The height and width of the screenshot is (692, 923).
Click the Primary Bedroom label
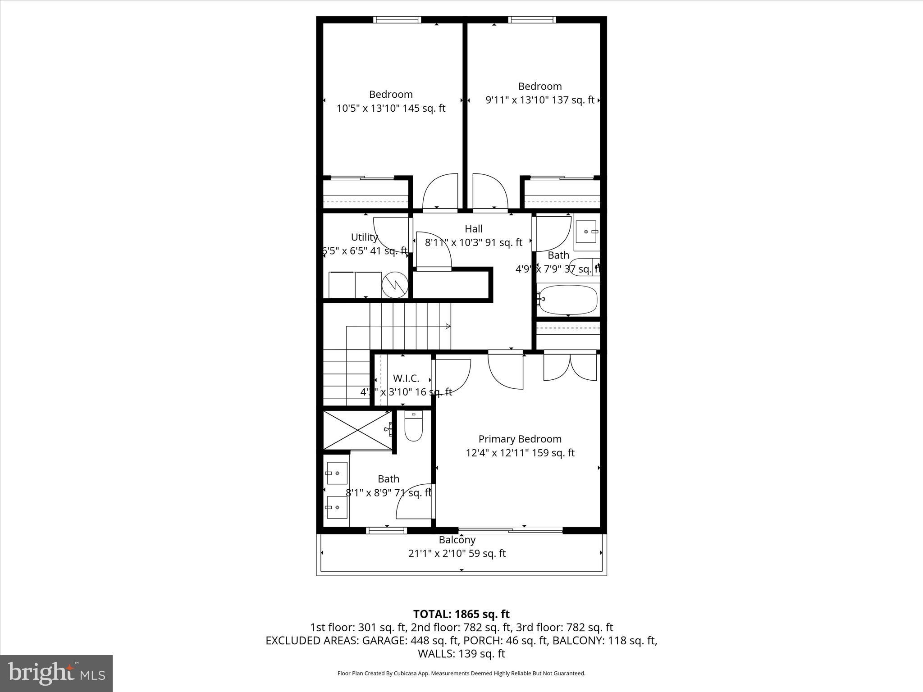coord(520,439)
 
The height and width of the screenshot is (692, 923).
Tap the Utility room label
coord(364,237)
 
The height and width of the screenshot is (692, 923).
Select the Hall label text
coord(474,229)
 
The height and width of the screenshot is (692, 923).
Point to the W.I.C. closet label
coord(406,378)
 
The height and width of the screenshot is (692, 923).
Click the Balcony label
coord(457,540)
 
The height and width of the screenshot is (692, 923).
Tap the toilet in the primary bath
coord(413,428)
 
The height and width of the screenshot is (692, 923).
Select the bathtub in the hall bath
coord(568,299)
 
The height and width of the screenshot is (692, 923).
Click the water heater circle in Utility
coord(395,284)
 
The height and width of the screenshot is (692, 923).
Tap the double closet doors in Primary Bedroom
coord(570,367)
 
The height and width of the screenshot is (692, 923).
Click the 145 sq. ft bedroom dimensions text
coord(391,109)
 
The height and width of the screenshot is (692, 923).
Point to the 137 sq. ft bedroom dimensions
coord(539,100)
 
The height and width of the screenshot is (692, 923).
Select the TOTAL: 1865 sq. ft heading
coord(461,614)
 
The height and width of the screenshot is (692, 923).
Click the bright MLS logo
coord(56,674)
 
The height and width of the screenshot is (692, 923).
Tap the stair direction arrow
coord(448,326)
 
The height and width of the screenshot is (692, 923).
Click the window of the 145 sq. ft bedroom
coord(397,20)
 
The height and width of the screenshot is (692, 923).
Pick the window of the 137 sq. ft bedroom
coord(532,20)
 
